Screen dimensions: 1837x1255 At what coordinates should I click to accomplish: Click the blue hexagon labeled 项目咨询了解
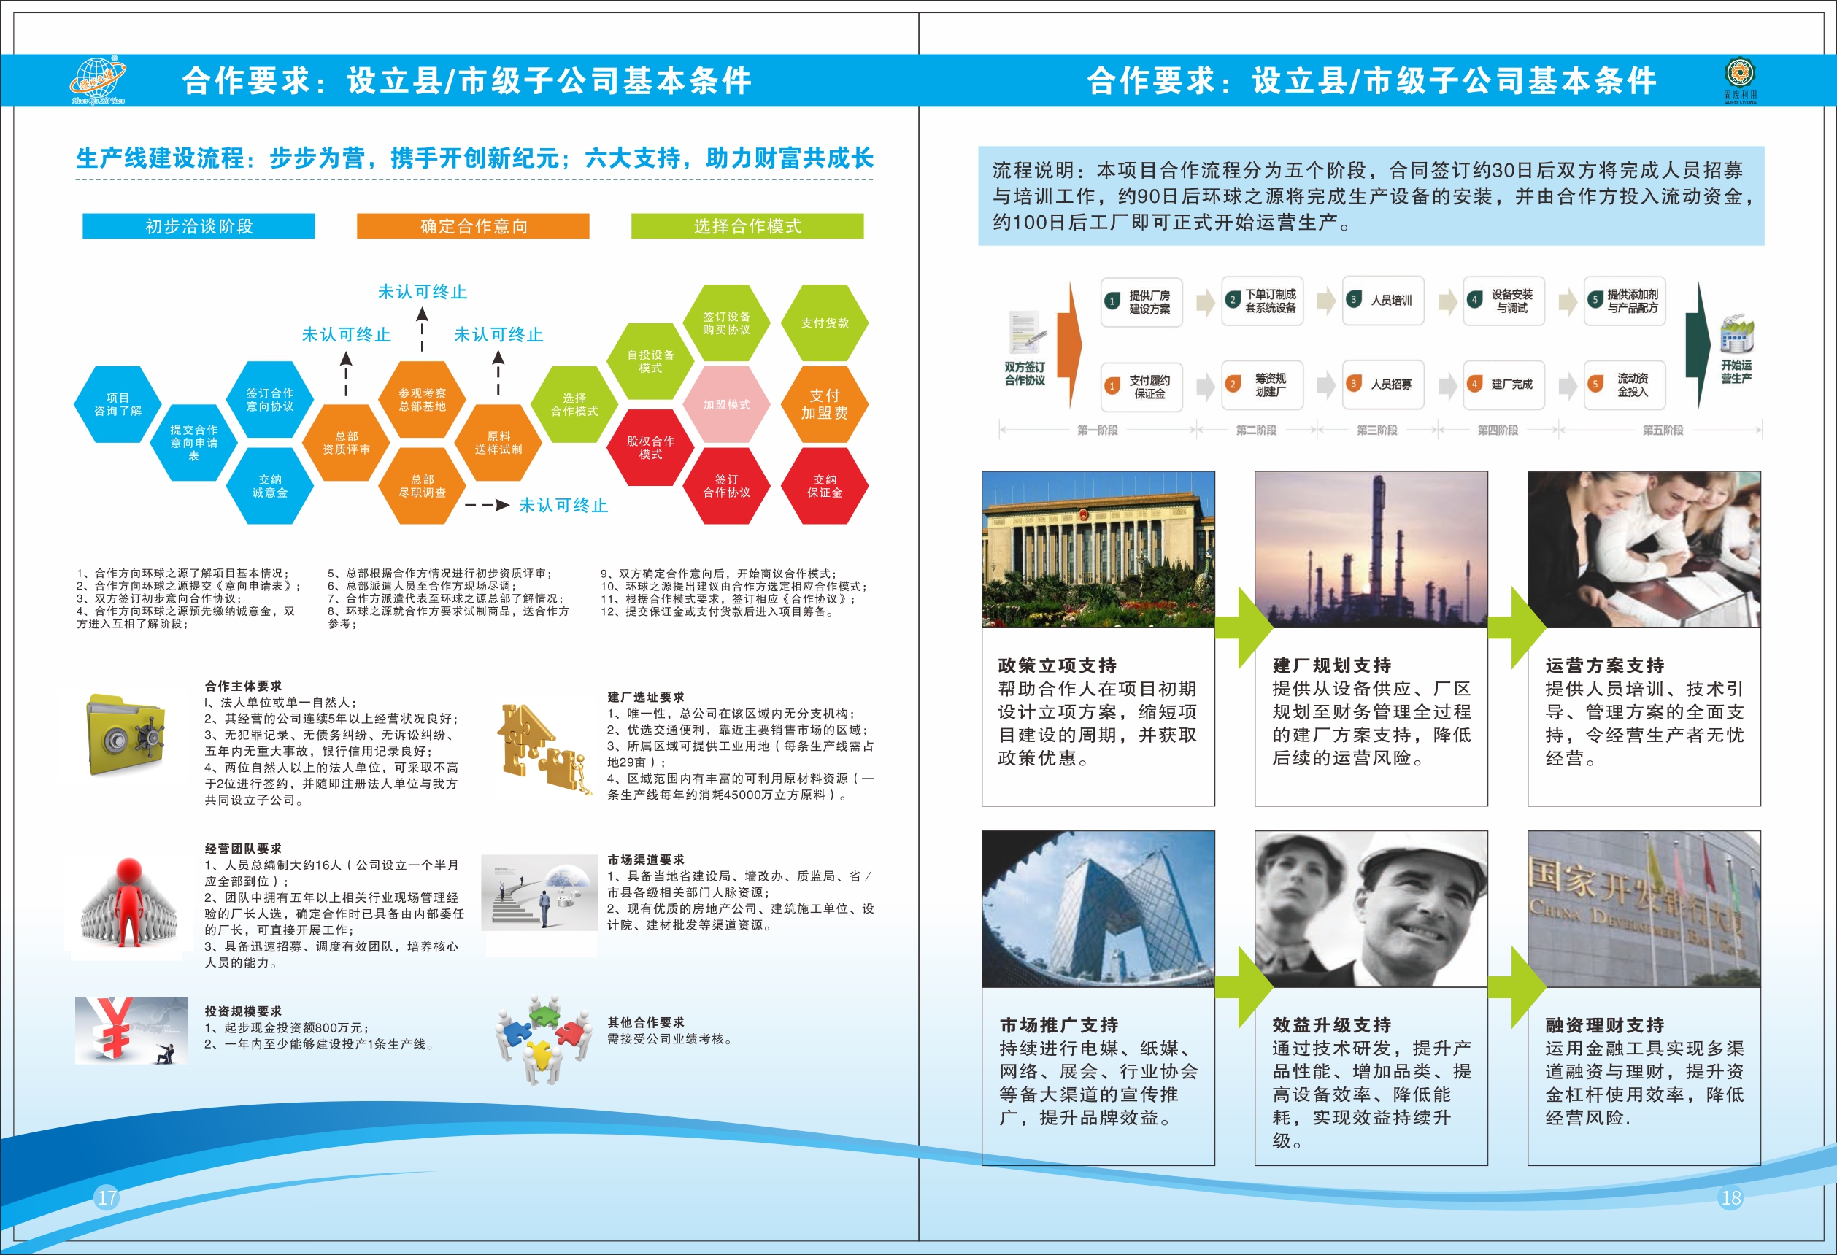(x=118, y=403)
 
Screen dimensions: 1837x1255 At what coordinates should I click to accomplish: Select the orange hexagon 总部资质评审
(x=346, y=443)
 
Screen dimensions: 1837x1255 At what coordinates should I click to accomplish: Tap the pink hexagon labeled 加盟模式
(x=726, y=403)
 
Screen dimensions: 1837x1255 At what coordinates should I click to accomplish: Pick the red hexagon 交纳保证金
(x=825, y=486)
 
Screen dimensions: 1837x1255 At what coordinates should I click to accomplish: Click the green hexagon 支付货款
(x=825, y=323)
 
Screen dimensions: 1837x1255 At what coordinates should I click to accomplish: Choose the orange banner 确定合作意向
(x=473, y=226)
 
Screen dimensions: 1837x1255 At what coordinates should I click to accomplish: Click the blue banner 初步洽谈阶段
(x=199, y=226)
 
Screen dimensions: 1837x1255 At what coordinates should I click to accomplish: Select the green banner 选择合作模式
(x=747, y=226)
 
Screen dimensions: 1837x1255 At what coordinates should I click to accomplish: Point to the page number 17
(x=107, y=1197)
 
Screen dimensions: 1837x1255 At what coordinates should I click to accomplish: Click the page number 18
(x=1731, y=1197)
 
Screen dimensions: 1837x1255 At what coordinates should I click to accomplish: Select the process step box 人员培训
(x=1383, y=301)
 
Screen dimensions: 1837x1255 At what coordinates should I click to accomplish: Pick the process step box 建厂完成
(x=1504, y=384)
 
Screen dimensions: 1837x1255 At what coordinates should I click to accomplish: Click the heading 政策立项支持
(x=1058, y=665)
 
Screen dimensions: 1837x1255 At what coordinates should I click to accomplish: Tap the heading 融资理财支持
(x=1606, y=1025)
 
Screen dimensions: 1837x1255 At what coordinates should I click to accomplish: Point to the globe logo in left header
(x=97, y=79)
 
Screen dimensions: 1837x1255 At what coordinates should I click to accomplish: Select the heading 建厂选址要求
(x=646, y=697)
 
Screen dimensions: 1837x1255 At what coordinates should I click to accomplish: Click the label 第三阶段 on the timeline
(x=1377, y=430)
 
